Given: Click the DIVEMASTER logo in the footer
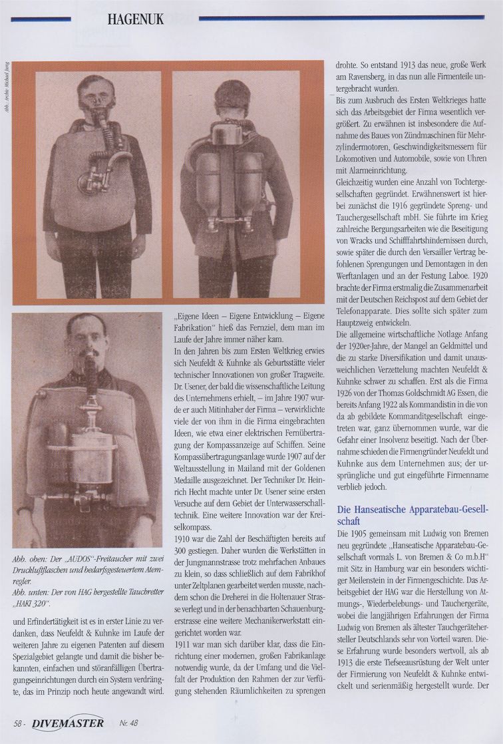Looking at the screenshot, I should point(69,721).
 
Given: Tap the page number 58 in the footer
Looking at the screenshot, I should point(22,722).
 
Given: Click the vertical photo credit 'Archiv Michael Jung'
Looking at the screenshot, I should point(6,87).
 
